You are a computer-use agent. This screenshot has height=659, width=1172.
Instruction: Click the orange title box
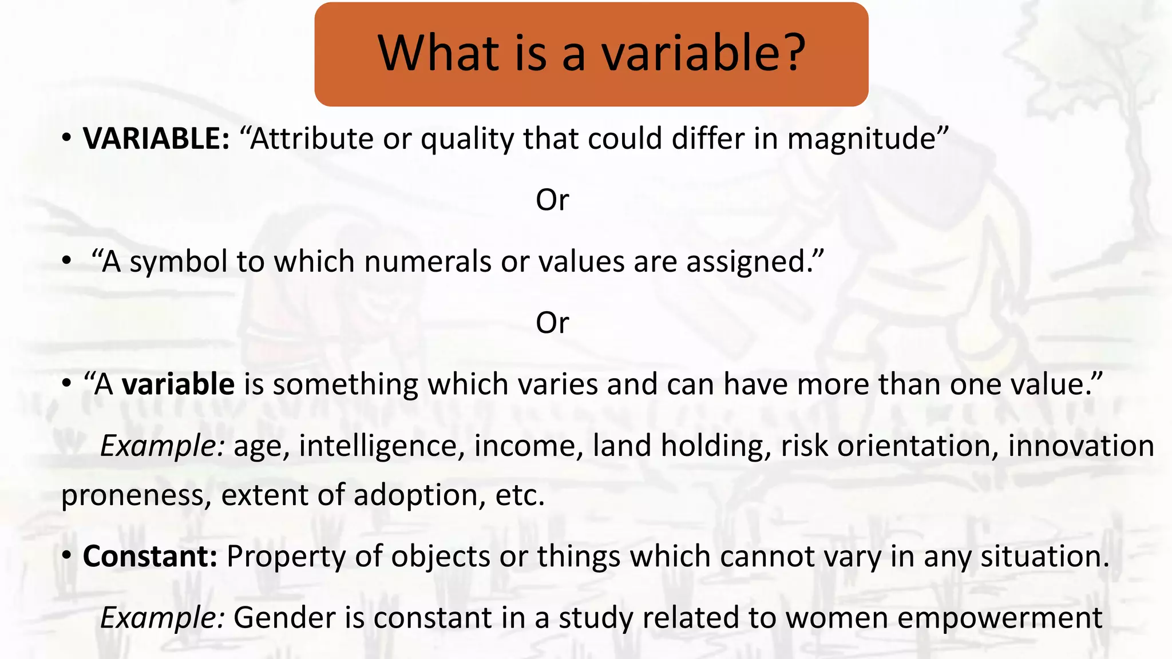click(591, 54)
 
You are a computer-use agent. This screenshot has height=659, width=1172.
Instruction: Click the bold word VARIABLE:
click(156, 139)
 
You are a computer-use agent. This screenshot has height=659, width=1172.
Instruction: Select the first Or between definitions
click(552, 200)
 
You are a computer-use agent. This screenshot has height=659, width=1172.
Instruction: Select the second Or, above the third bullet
click(552, 323)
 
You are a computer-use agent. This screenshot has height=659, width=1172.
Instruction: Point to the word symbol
click(179, 262)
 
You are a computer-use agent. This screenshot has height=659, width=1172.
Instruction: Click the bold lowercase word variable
click(178, 384)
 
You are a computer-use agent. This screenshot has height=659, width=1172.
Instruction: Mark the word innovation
click(1080, 446)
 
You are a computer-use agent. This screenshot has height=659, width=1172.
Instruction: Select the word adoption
click(415, 495)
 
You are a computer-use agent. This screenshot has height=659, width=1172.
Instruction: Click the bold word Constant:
click(150, 557)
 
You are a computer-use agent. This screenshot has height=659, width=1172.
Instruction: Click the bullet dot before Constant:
click(67, 555)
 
